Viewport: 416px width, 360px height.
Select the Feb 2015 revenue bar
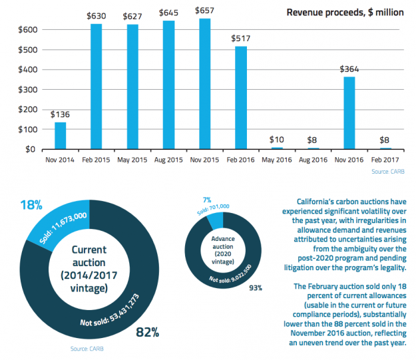(96, 87)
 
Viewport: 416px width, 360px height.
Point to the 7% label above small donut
(208, 200)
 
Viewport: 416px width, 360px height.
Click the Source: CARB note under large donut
(87, 348)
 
